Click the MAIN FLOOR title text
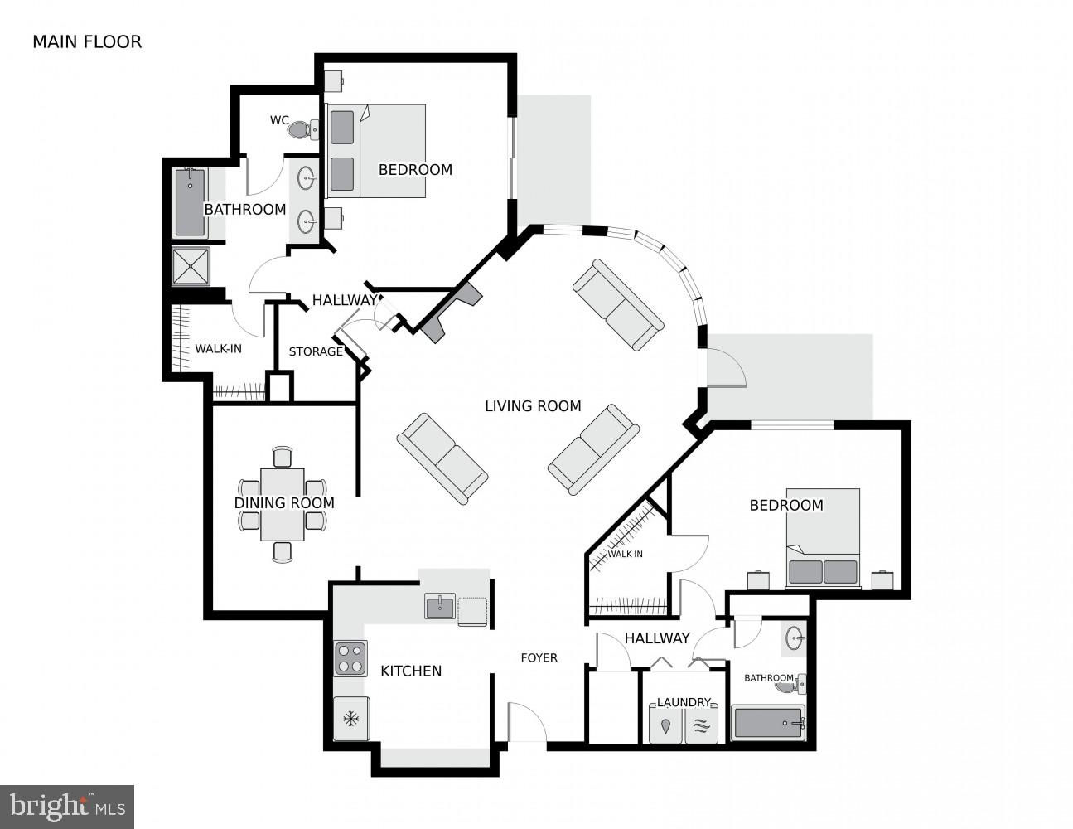tap(87, 41)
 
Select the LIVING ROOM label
tap(533, 406)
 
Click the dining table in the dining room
tap(282, 504)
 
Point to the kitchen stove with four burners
tap(350, 658)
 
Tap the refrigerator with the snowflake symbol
tap(350, 718)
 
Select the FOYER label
tap(539, 657)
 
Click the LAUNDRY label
tap(684, 702)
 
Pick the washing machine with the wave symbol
tap(702, 725)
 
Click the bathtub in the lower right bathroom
tap(767, 724)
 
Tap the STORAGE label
tap(316, 351)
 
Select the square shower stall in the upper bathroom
tap(191, 266)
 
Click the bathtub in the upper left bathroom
tap(191, 203)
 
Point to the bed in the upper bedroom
tap(377, 151)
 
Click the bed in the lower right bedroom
tap(823, 539)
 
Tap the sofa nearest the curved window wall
tap(618, 304)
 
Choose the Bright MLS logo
tap(67, 806)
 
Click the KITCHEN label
tap(411, 671)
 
